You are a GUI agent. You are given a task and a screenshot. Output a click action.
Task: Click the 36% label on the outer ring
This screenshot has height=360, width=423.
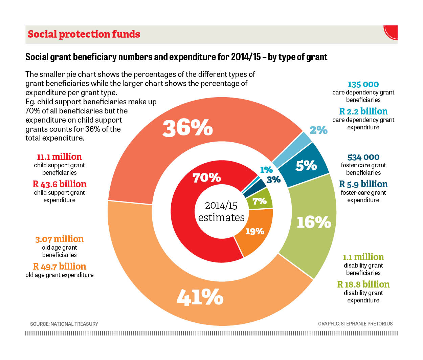188,128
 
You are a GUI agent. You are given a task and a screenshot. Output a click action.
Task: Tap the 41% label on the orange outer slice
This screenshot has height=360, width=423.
200,297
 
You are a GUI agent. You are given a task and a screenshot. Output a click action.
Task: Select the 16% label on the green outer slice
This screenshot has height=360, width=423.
314,222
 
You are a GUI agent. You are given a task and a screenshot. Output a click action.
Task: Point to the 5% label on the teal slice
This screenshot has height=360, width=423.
306,165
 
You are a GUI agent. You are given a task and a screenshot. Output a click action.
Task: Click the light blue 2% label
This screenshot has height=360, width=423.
318,130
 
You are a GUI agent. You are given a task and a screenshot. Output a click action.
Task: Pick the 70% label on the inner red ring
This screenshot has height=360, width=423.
206,177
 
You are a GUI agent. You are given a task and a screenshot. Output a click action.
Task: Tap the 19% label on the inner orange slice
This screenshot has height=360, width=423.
255,231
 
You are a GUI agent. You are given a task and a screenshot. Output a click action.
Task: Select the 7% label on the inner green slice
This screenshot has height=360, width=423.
260,201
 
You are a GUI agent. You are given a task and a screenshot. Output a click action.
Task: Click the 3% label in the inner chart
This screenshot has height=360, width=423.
273,179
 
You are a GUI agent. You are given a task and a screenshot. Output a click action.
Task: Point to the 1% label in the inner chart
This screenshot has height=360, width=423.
266,170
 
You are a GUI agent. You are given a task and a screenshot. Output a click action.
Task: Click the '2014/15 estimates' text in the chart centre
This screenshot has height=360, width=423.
221,211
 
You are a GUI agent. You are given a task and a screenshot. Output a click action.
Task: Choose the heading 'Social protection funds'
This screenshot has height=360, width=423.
84,34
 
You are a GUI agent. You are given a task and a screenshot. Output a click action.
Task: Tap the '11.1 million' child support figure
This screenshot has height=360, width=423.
59,157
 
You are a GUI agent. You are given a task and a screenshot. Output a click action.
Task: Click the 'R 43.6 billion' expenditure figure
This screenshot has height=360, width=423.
60,184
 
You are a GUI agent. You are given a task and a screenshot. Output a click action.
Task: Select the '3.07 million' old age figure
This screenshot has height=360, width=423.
60,239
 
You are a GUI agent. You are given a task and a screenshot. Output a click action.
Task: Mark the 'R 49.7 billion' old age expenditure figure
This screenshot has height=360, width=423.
60,267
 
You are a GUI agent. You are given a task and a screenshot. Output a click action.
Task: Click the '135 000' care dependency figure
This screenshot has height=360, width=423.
363,84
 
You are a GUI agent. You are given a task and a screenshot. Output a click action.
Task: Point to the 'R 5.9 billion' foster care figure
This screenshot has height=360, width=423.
363,184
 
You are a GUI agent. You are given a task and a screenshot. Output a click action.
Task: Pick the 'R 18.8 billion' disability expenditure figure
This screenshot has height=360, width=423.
363,284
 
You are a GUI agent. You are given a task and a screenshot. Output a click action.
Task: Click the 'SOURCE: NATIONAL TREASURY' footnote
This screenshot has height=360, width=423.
64,324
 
